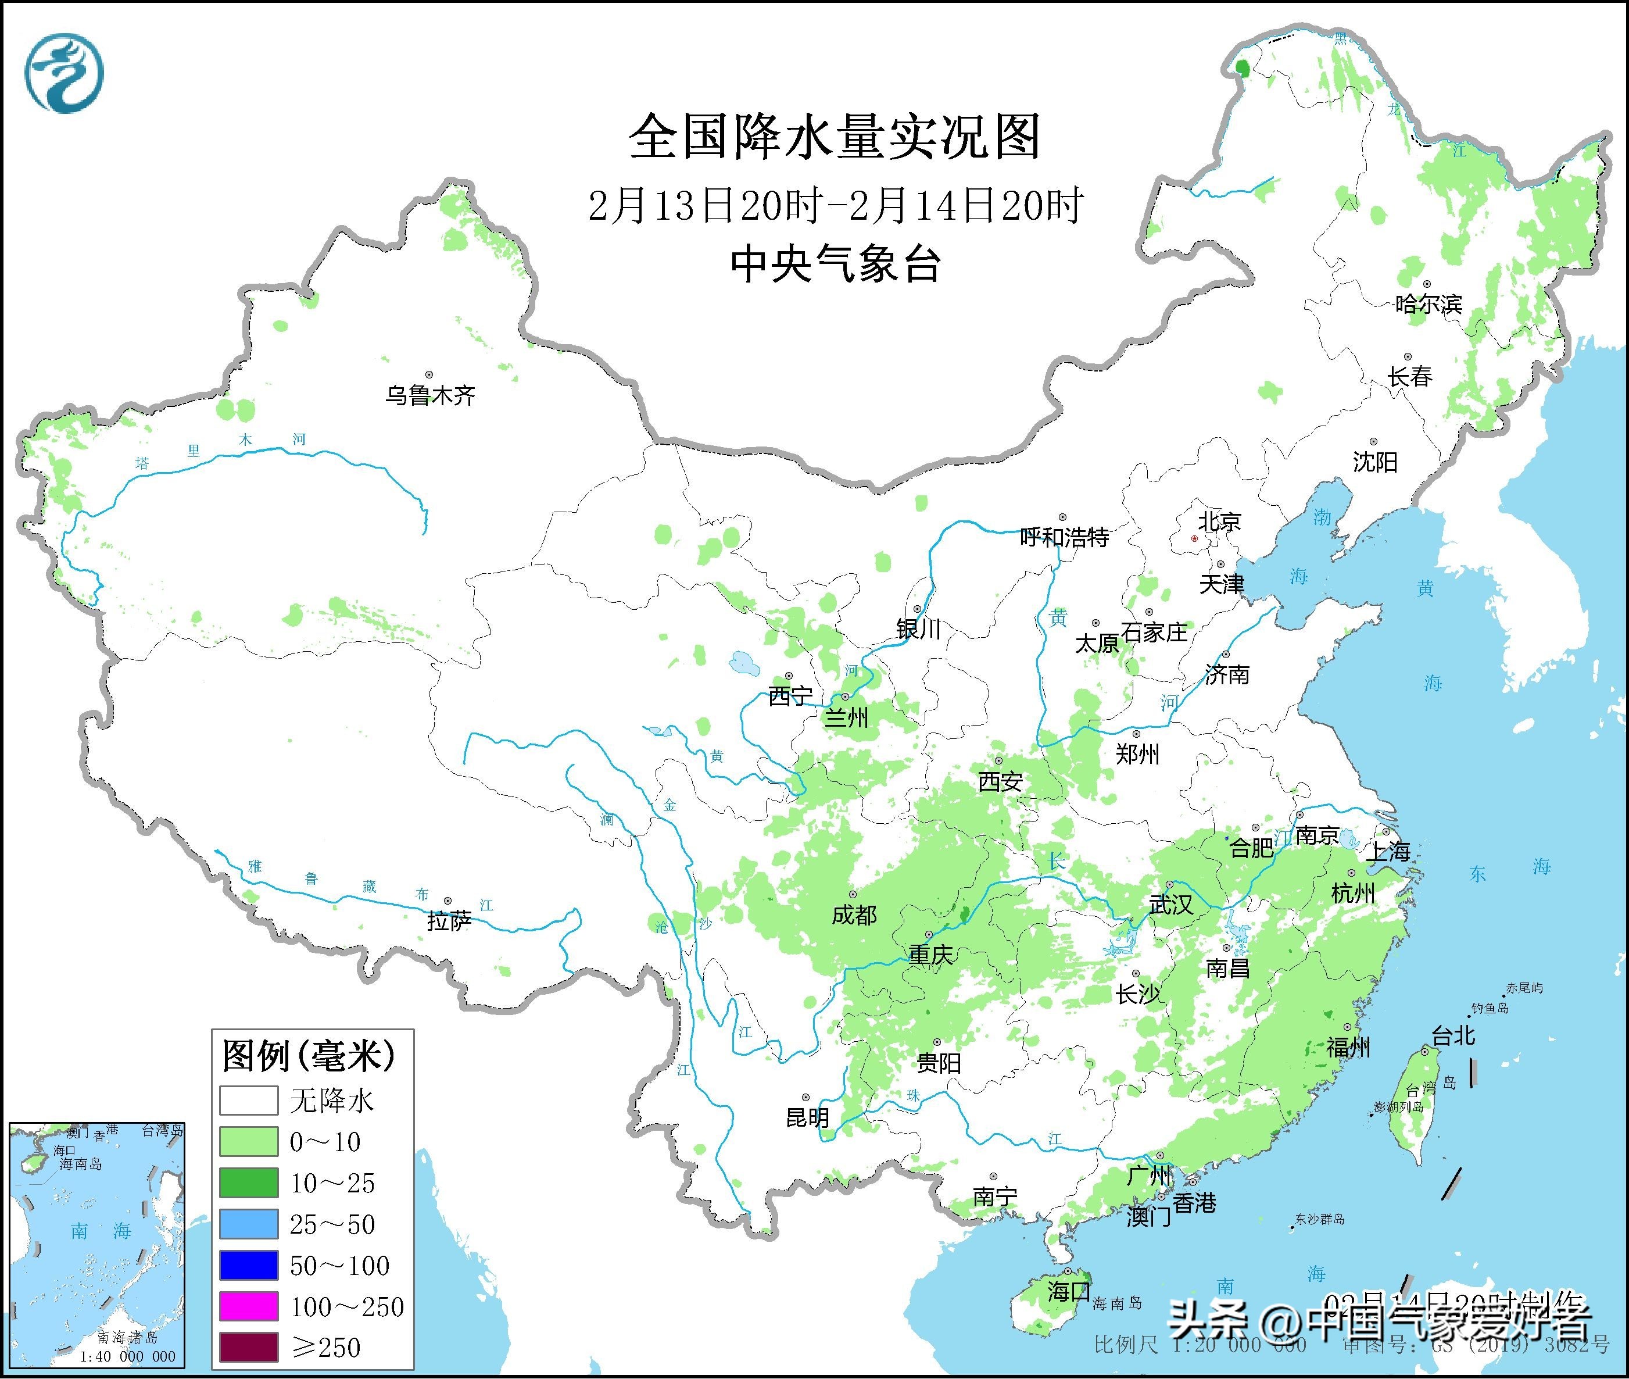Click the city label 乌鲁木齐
point(429,395)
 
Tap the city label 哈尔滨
point(1428,304)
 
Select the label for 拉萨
point(449,921)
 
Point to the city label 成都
point(854,914)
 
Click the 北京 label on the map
point(1220,521)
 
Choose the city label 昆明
point(807,1118)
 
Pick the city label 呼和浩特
point(1064,538)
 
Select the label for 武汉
point(1170,905)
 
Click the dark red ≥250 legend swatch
point(249,1347)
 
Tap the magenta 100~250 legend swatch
point(249,1306)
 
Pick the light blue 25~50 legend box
point(249,1224)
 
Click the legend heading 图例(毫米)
point(309,1056)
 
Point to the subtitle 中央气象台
point(835,263)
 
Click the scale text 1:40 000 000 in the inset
point(127,1357)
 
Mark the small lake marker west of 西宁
point(743,664)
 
